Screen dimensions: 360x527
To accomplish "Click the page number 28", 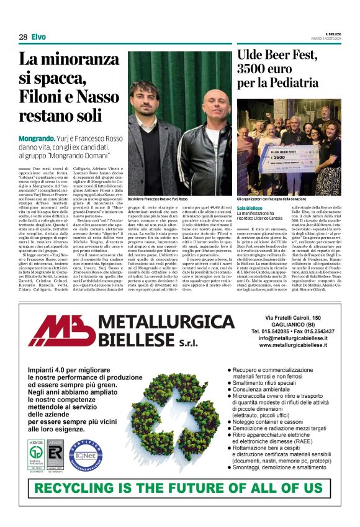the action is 23,37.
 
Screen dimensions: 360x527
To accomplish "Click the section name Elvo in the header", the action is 38,37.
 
